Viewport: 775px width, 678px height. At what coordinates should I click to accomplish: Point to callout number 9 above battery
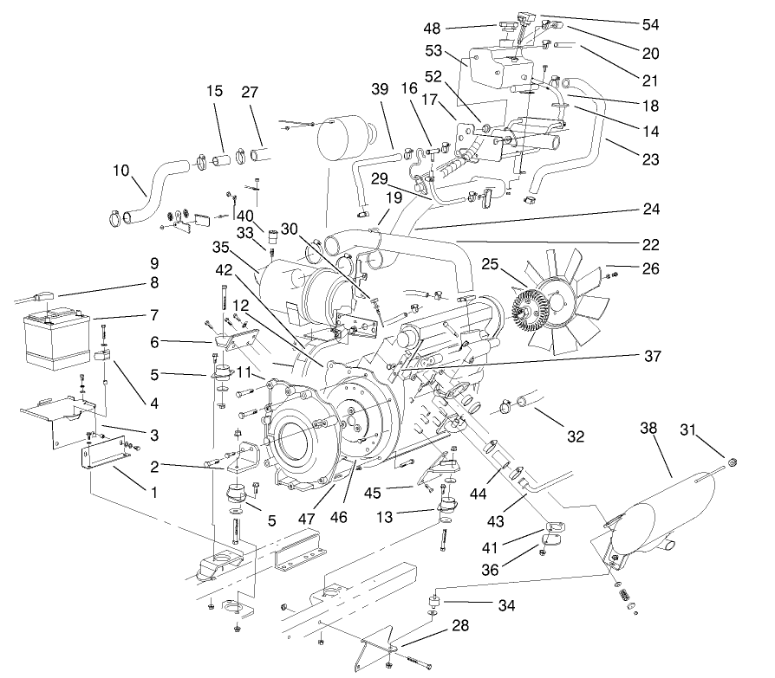(153, 262)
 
